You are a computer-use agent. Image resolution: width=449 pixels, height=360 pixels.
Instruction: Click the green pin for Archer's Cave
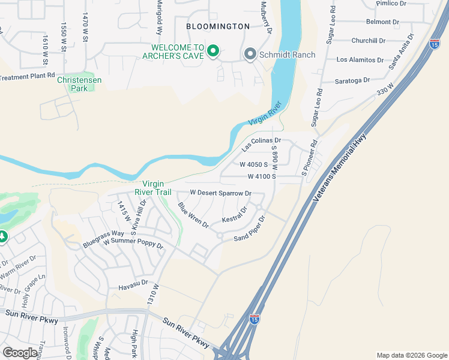(212, 52)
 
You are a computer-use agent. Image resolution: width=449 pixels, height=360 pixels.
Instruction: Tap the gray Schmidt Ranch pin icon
(250, 55)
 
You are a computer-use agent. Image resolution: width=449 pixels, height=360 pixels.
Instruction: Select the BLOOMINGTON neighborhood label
(217, 26)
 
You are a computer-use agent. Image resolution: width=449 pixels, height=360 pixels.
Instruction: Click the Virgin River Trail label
(157, 188)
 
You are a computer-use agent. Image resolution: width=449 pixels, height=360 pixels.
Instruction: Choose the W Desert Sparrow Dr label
(220, 193)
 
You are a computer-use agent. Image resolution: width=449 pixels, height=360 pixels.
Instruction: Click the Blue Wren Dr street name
(193, 215)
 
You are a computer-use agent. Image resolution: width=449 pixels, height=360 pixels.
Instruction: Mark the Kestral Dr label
(235, 215)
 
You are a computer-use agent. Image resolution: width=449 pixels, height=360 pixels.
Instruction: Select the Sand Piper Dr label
(249, 229)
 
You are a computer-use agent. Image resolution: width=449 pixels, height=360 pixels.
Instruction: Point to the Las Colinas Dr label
(261, 142)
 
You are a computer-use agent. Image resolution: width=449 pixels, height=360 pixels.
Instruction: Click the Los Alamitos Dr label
(360, 60)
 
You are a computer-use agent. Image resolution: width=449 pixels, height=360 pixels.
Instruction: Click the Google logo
(20, 353)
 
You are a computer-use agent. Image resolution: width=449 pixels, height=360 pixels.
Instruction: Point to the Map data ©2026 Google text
(411, 355)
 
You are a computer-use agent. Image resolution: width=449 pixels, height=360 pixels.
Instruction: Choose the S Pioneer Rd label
(309, 158)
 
